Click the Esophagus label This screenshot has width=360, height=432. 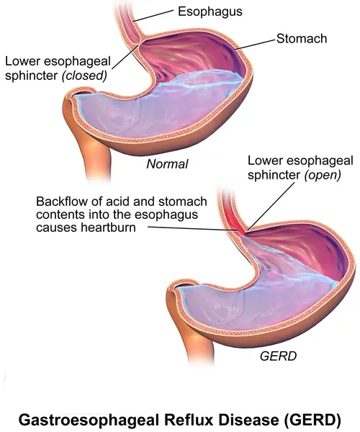tap(210, 12)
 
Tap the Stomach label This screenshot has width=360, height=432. tap(302, 38)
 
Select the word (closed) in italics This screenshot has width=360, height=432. tap(84, 76)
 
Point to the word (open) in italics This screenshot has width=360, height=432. tap(323, 175)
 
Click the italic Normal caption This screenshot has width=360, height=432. tap(167, 164)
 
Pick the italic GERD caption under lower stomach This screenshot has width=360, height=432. tap(278, 356)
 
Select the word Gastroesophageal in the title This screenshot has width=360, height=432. tap(89, 420)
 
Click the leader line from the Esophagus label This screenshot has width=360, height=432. tap(153, 15)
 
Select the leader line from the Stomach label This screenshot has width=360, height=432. tap(255, 45)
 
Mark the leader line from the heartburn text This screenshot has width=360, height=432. tap(192, 229)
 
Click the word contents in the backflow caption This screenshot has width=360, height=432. tap(60, 215)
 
